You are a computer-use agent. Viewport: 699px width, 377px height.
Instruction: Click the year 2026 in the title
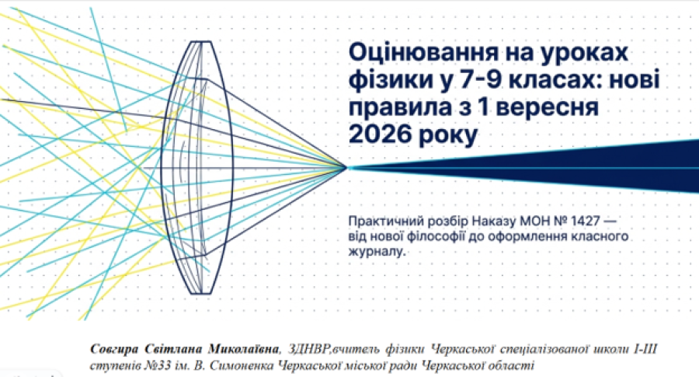(380, 134)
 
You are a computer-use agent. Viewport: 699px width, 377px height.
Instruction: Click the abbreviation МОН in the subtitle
(525, 221)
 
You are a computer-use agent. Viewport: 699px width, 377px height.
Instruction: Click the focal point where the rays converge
(347, 168)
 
